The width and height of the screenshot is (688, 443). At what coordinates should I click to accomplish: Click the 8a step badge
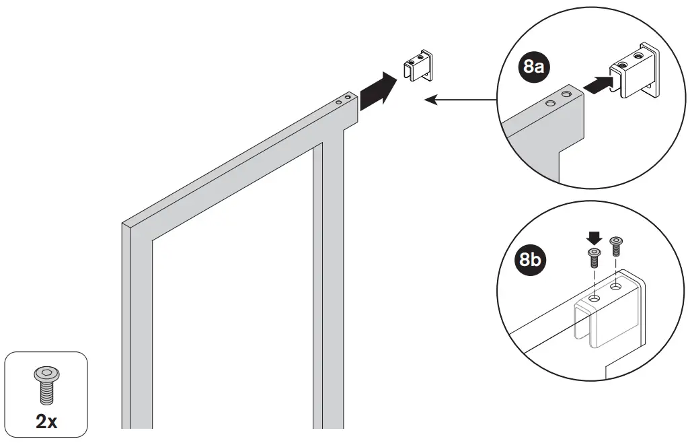533,66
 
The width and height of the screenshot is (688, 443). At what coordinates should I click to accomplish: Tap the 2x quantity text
46,421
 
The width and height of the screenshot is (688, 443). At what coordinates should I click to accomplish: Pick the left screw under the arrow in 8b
593,256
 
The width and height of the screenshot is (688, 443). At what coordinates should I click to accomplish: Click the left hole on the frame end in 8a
550,103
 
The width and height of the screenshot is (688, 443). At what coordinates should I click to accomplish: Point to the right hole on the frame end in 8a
566,94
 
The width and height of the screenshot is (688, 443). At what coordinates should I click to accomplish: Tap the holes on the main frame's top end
344,100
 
